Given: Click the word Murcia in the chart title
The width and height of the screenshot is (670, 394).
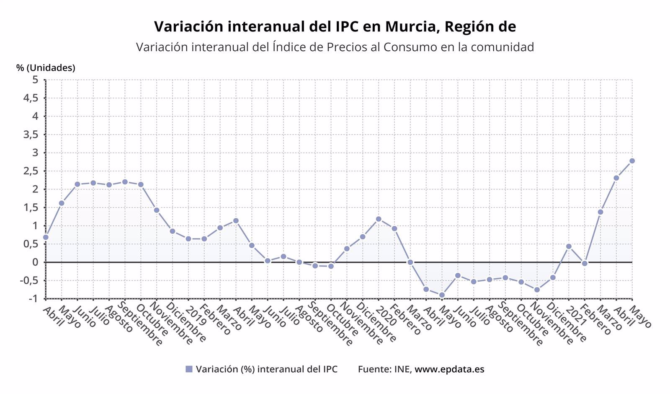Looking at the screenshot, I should tap(409, 26).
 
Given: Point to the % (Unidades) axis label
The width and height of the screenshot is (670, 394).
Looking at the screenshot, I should tap(46, 68).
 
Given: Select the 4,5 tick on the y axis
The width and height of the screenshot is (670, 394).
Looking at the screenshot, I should tap(31, 98).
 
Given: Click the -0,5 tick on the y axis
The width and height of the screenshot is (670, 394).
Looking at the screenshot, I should tap(29, 280).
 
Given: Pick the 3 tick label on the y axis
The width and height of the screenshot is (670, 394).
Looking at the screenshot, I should tap(35, 153).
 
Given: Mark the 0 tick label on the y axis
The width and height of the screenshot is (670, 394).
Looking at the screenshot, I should tap(35, 262).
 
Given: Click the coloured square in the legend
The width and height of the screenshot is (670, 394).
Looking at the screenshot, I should tap(189, 369).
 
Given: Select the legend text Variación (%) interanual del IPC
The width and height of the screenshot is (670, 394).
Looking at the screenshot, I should tap(266, 369).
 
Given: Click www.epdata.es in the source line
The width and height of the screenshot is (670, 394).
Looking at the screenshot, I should tap(449, 369).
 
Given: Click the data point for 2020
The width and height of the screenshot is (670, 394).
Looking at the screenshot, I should tap(379, 219).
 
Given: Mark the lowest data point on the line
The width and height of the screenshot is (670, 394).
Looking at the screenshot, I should tap(442, 295).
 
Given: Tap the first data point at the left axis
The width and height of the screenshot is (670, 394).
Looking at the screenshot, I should tap(46, 237).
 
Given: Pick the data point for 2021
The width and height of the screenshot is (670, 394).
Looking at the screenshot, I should tap(569, 246).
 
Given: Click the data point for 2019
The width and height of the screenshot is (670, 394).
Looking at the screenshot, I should tap(188, 239).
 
